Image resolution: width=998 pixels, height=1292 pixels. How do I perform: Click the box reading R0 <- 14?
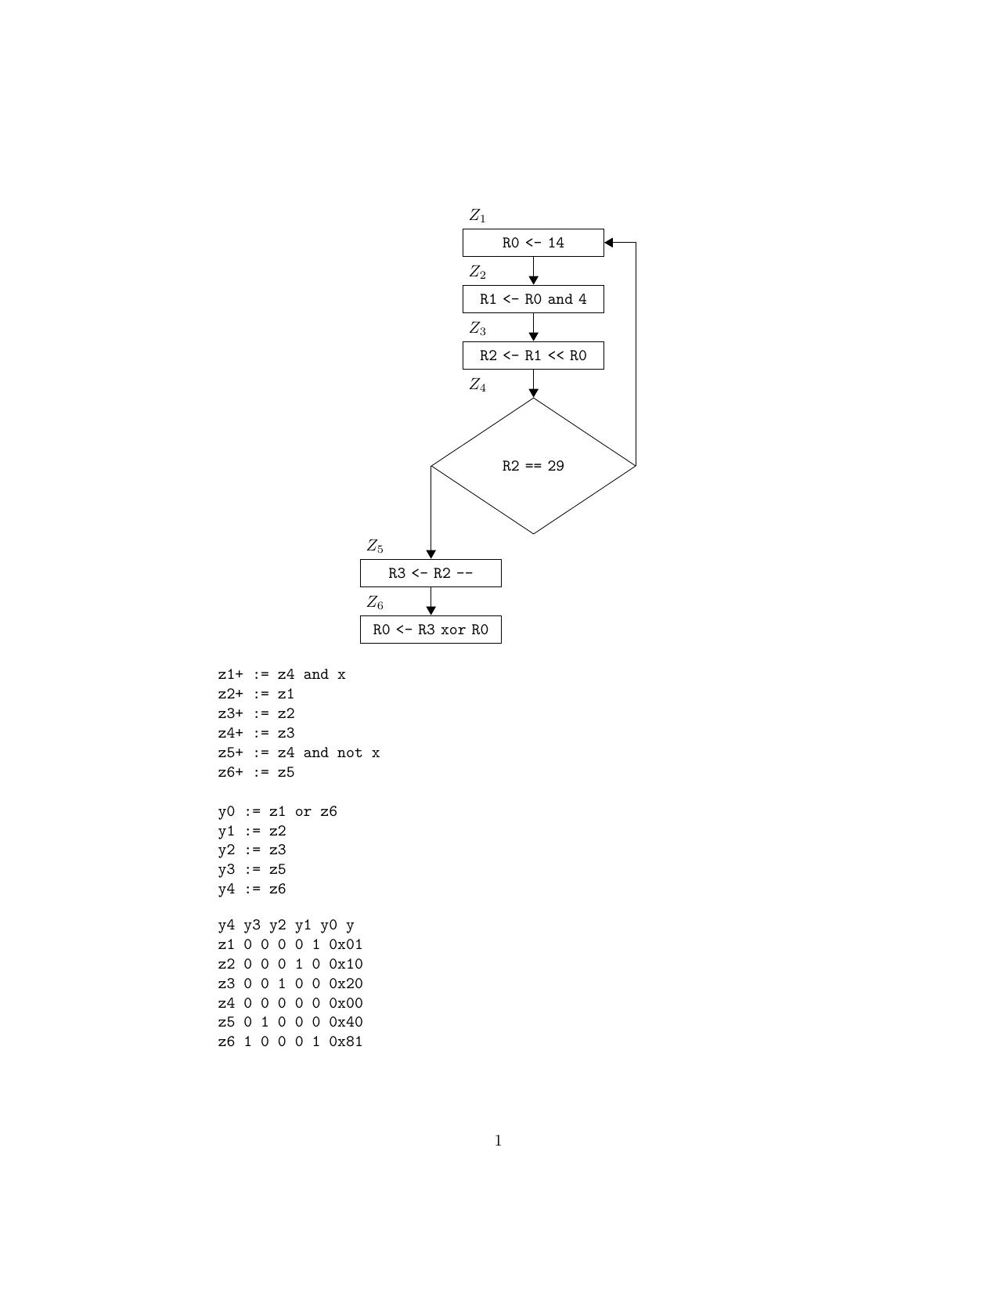[x=533, y=243]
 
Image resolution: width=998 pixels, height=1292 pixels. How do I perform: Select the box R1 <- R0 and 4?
[x=533, y=299]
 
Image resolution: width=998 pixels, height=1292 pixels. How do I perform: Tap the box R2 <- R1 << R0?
[x=533, y=355]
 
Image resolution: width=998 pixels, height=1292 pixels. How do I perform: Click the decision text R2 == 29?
[x=533, y=466]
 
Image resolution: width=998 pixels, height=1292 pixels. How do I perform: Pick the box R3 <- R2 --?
[x=431, y=573]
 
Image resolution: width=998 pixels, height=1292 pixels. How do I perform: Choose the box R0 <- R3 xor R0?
[x=431, y=630]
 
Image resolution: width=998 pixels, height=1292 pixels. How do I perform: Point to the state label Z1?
[x=477, y=215]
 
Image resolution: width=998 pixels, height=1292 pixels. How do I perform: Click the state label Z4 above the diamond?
[x=477, y=384]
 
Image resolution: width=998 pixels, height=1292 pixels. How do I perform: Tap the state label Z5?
[x=375, y=546]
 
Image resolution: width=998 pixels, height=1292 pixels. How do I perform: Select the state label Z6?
[x=375, y=602]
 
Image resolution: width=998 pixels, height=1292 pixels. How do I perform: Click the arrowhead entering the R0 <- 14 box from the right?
[x=609, y=243]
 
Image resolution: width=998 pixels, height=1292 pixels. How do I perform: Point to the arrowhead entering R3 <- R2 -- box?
[x=431, y=554]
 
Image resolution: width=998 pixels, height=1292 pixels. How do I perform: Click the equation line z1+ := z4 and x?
[x=282, y=674]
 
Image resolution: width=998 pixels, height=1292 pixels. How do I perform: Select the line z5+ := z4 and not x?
[x=299, y=752]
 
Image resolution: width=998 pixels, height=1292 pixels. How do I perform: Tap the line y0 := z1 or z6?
[x=278, y=811]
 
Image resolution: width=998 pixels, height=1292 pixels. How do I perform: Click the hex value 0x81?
[x=346, y=1041]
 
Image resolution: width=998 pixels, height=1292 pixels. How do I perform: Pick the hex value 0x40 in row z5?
[x=346, y=1022]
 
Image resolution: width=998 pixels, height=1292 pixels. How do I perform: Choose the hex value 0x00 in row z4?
[x=346, y=1003]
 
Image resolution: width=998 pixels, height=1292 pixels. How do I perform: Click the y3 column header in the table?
[x=251, y=926]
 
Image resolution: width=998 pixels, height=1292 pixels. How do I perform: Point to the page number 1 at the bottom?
[x=499, y=1141]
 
